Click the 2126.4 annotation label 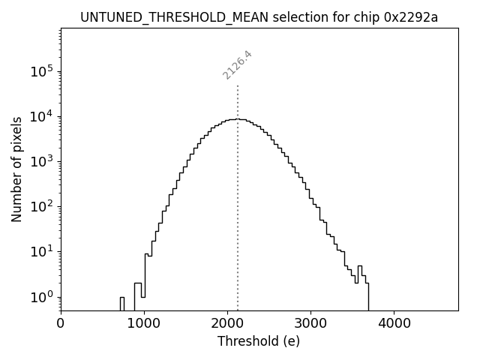[237, 65]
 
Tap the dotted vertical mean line [238, 225]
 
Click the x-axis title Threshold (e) [259, 342]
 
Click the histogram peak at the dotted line [238, 119]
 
